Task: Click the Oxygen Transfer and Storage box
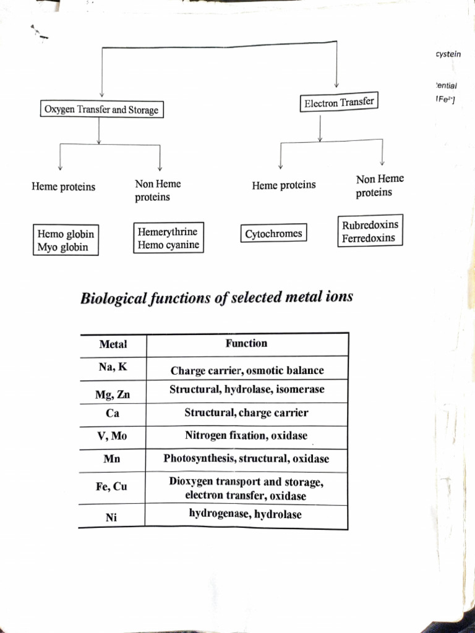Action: [101, 110]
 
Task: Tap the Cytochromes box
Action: [273, 234]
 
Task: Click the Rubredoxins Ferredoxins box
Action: [370, 231]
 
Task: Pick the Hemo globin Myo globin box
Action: [66, 240]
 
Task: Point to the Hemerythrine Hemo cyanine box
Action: [168, 239]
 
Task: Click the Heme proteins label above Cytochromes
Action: [283, 185]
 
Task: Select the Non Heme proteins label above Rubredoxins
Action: [379, 185]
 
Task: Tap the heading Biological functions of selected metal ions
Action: [216, 297]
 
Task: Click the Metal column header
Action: [113, 344]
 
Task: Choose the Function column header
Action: [246, 343]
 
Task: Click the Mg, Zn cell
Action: [113, 394]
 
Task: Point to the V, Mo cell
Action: [112, 436]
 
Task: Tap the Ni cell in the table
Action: [111, 518]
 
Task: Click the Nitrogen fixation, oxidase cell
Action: [246, 436]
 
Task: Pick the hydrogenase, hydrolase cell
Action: [246, 514]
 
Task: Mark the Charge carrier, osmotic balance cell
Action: [247, 371]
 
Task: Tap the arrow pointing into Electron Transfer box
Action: [336, 82]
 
